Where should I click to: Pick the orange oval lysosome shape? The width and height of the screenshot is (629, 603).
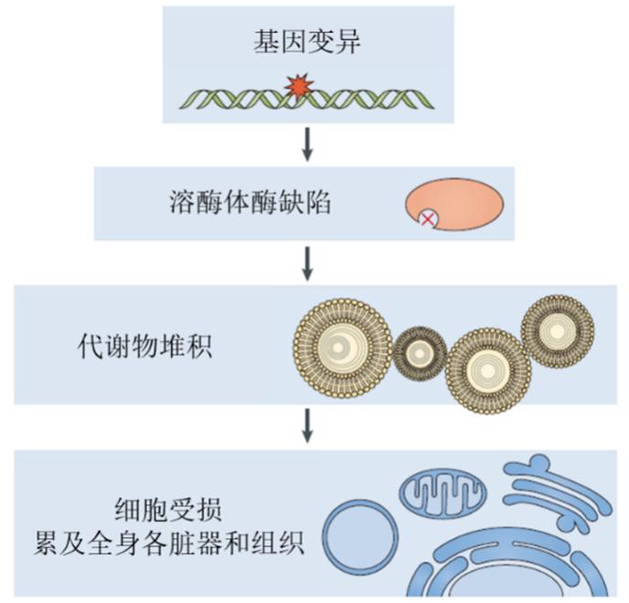[x=461, y=201]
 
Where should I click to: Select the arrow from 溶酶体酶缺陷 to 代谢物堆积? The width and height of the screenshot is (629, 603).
[x=309, y=261]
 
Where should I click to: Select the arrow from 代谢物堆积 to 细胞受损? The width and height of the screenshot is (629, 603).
[x=309, y=424]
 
